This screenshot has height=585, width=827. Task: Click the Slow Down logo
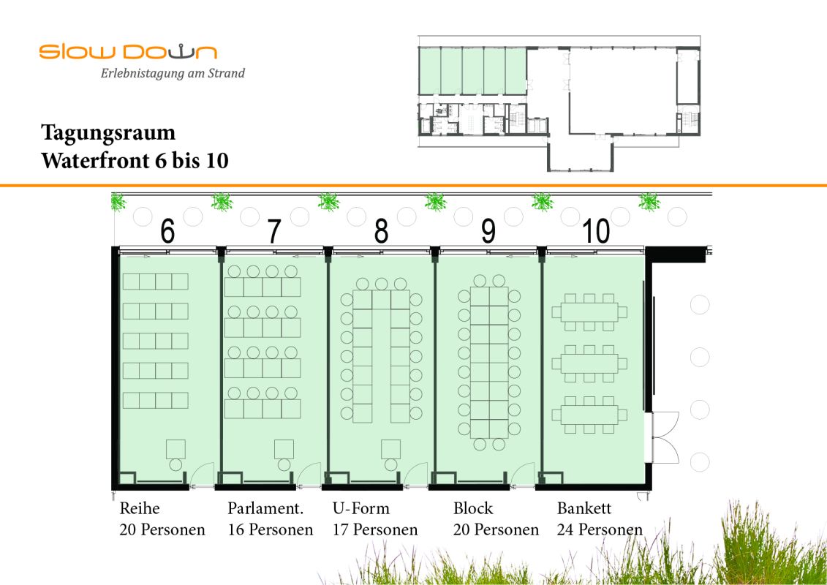[x=128, y=52]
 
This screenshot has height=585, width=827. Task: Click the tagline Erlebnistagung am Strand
[x=173, y=73]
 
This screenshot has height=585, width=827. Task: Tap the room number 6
[x=167, y=232]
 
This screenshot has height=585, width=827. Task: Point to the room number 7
[x=274, y=232]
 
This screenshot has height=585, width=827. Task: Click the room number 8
[x=382, y=232]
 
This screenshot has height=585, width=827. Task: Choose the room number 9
[x=488, y=232]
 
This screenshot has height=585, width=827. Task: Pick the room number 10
[x=596, y=232]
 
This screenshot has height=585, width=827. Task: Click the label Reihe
[x=140, y=508]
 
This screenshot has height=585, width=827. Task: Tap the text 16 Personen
[x=271, y=529]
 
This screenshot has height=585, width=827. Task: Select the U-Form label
[x=361, y=508]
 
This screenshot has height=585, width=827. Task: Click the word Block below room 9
[x=474, y=508]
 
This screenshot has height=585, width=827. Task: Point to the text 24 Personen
[x=600, y=529]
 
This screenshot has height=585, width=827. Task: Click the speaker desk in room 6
[x=175, y=449]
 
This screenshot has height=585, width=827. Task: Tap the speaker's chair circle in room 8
[x=390, y=465]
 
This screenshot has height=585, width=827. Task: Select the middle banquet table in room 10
[x=589, y=363]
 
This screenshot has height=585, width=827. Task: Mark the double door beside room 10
[x=665, y=437]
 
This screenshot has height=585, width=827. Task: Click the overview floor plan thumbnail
[x=559, y=104]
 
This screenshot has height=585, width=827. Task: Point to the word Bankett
[x=584, y=508]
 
